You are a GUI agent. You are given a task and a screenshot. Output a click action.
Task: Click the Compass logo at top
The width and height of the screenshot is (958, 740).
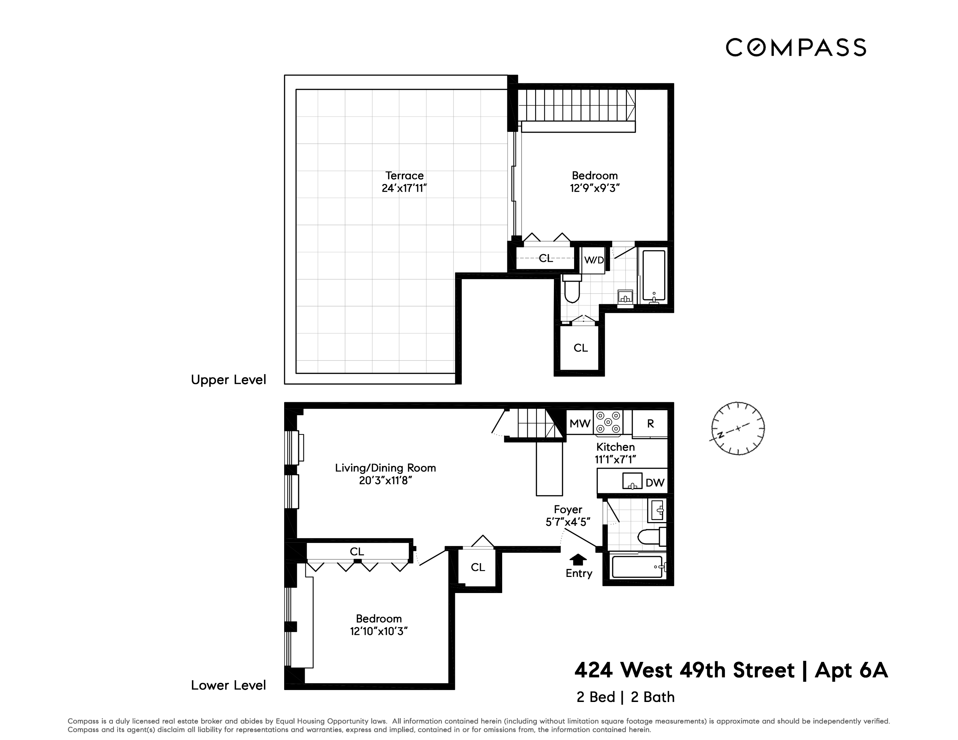[x=795, y=47]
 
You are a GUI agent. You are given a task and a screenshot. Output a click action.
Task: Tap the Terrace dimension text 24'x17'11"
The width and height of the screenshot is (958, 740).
[x=404, y=188]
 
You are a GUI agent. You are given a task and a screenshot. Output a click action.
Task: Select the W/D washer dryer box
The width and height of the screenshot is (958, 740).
[x=594, y=260]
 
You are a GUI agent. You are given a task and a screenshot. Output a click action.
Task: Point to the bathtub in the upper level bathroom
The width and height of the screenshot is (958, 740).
[x=654, y=276]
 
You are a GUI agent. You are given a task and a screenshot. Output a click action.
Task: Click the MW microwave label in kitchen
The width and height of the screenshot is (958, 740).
[x=580, y=423]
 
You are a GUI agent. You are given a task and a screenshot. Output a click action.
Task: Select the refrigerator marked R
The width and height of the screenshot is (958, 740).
[x=650, y=423]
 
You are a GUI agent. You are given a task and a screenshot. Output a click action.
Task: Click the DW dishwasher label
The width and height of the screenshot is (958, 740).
[x=655, y=483]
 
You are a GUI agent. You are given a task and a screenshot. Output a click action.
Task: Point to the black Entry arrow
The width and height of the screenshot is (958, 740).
[x=578, y=559]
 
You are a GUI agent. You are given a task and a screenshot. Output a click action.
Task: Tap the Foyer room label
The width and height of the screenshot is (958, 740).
[x=568, y=509]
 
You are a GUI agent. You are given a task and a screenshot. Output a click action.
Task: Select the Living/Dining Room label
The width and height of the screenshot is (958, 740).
[x=385, y=468]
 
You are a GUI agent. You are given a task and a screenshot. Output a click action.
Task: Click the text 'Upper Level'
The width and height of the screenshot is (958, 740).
[x=228, y=380]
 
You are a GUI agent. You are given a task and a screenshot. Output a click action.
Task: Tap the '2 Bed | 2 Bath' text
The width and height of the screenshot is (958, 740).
[x=625, y=697]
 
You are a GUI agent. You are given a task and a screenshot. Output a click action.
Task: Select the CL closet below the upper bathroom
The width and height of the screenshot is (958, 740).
[x=580, y=348]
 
